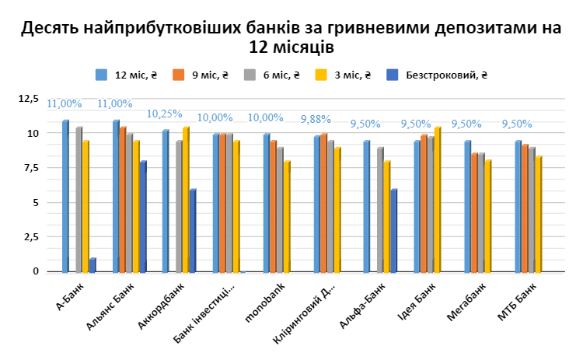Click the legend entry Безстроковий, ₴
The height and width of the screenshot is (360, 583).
click(438, 75)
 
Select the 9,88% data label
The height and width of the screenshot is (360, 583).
click(316, 119)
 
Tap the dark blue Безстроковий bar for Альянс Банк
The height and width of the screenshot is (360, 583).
click(142, 216)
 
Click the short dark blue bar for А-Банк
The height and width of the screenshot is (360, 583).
click(92, 265)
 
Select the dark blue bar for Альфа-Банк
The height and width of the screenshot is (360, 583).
click(394, 230)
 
